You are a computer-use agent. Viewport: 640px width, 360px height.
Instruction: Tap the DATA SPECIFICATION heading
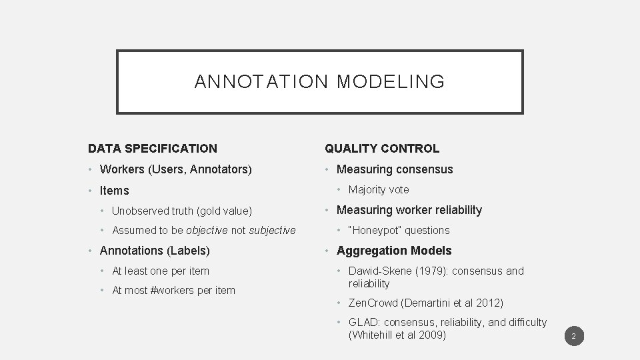point(153,149)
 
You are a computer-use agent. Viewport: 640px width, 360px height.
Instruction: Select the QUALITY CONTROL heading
point(382,149)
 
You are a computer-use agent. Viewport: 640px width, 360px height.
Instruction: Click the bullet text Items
point(114,191)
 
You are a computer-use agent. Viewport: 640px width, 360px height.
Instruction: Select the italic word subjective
point(272,231)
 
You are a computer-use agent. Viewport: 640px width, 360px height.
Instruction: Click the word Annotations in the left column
point(131,251)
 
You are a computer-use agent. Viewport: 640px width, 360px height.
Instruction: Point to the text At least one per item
point(160,271)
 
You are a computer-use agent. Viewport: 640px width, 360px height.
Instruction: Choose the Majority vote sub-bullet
point(379,189)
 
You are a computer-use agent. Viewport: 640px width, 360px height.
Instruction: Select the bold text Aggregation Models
point(394,251)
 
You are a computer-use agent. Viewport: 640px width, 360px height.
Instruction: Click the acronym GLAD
point(364,322)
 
